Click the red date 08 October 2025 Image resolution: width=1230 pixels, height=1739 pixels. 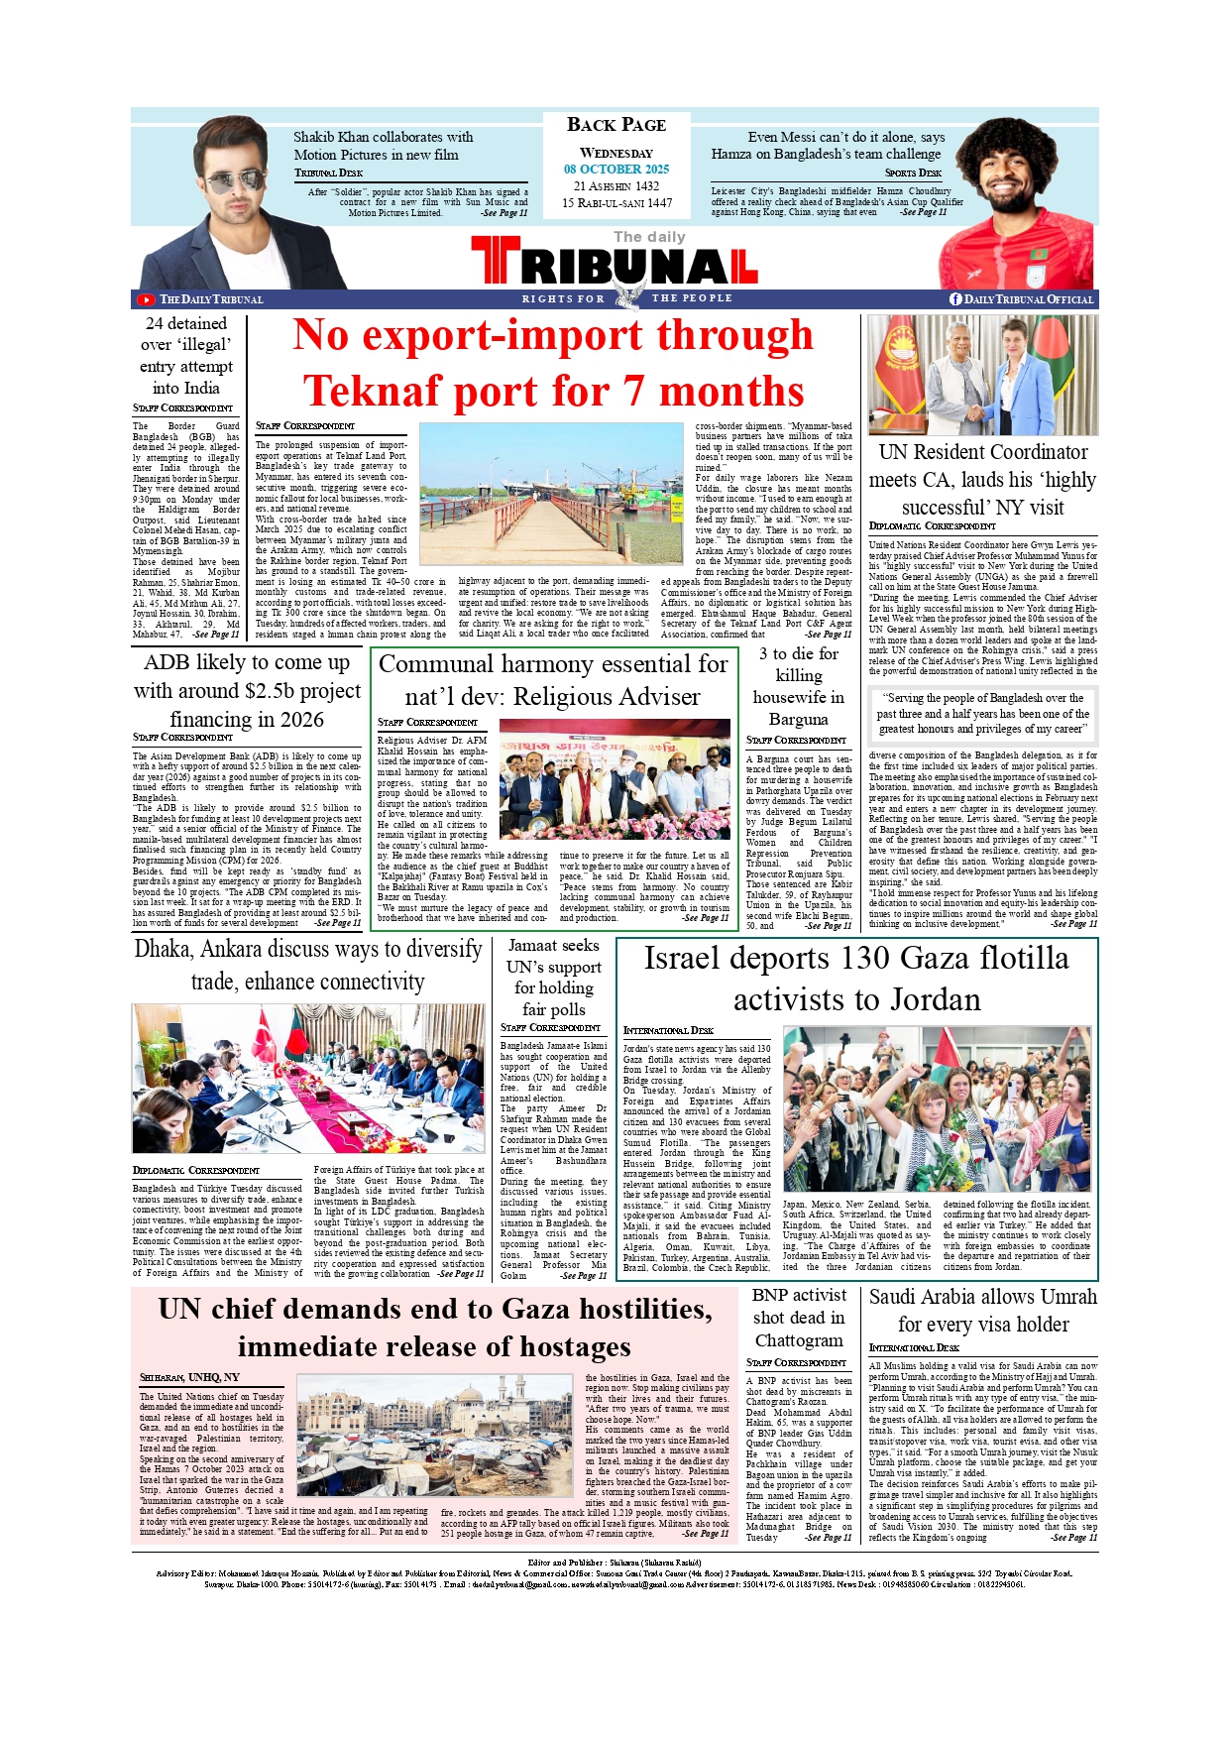616,170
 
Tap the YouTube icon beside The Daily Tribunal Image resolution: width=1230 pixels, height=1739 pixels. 146,299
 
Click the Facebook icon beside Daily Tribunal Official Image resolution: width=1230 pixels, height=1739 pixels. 955,299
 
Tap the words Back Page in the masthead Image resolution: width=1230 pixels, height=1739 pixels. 616,125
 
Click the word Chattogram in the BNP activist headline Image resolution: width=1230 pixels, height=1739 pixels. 799,1340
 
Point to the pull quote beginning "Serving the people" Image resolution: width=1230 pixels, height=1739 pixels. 983,713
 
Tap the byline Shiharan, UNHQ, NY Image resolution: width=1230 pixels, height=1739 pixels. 189,1377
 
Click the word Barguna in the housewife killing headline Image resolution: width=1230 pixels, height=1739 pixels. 798,719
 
